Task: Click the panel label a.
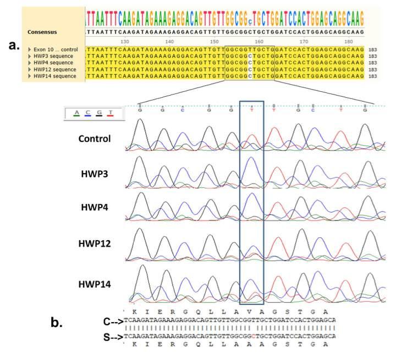pyautogui.click(x=14, y=45)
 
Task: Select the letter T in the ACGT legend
pyautogui.click(x=111, y=113)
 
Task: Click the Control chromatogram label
pyautogui.click(x=94, y=139)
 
